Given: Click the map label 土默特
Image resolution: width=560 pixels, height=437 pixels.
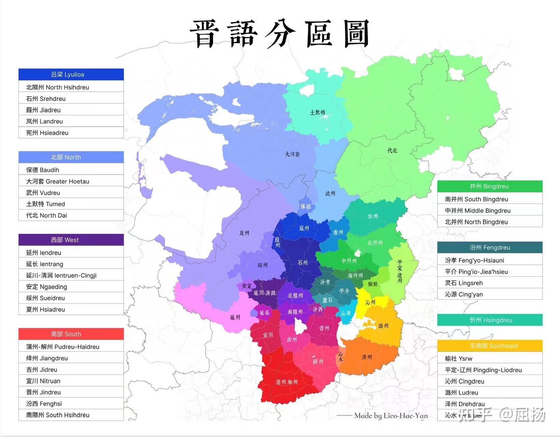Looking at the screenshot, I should tap(318, 112).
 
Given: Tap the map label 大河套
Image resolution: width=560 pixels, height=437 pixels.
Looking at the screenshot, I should tap(292, 154).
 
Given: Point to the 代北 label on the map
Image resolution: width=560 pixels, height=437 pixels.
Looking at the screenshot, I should tap(392, 150).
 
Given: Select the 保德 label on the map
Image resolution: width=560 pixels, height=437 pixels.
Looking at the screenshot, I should tap(306, 206).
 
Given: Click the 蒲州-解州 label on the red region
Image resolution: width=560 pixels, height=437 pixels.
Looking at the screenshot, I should tap(286, 382).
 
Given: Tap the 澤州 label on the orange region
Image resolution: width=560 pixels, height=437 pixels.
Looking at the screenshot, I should tap(367, 357).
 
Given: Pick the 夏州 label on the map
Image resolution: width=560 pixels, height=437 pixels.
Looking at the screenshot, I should tap(244, 233).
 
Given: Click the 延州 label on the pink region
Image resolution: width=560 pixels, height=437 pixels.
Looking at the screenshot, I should tap(235, 317).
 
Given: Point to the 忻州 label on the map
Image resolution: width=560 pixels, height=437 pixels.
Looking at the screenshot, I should tap(373, 216).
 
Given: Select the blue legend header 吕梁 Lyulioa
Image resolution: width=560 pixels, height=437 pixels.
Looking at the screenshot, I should tap(71, 74).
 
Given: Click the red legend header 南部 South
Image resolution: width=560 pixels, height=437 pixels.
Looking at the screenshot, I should tap(71, 334).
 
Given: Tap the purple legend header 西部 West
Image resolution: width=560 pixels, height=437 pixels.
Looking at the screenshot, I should tap(71, 240).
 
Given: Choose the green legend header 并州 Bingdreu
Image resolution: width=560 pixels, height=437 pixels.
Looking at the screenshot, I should tap(489, 186).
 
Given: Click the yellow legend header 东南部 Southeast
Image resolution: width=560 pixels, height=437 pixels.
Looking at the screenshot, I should tap(489, 346).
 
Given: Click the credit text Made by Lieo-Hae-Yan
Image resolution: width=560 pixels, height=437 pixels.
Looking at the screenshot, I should tap(391, 415).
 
